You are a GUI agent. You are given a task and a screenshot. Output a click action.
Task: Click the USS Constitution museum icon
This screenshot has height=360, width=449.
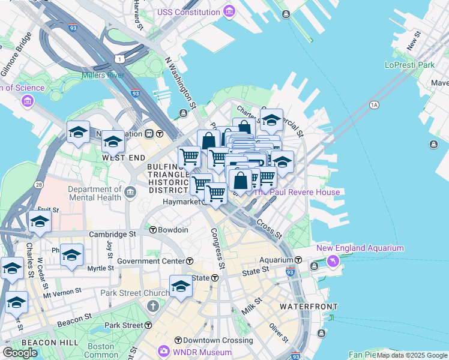(x=228, y=11)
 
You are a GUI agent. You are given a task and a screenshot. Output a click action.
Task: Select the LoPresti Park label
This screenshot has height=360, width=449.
(x=409, y=64)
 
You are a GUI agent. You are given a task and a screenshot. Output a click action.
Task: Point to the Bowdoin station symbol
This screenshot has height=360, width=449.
(x=153, y=230)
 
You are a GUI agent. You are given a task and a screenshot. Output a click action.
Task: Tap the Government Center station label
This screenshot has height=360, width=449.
(x=152, y=261)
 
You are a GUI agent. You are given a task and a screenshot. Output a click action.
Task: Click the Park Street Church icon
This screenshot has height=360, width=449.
(x=152, y=307)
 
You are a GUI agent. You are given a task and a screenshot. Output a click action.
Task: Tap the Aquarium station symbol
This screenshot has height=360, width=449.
(x=298, y=260)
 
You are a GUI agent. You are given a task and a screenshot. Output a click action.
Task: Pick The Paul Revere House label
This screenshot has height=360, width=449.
(x=297, y=192)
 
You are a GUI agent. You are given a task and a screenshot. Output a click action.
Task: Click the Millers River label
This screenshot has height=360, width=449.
(x=104, y=76)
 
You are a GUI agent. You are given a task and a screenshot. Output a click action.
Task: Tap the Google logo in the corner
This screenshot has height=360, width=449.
(x=20, y=352)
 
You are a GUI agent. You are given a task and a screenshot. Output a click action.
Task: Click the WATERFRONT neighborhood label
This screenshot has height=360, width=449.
(x=304, y=307)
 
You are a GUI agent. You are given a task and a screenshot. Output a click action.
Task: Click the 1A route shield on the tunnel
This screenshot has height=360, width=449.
(x=375, y=105)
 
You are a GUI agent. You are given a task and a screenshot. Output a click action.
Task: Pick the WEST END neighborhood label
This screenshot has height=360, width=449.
(x=124, y=158)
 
